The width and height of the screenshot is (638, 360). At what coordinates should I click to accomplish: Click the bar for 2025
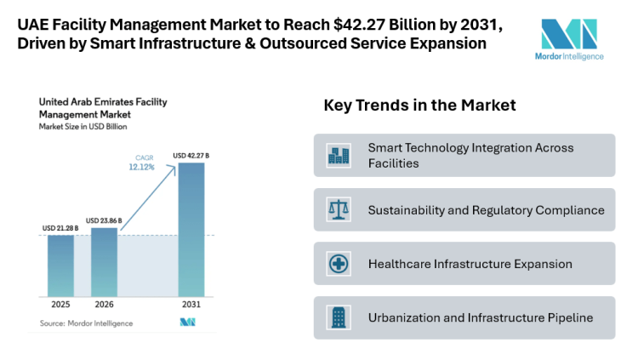(x=60, y=266)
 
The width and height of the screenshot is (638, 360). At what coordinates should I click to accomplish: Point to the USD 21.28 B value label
(x=60, y=228)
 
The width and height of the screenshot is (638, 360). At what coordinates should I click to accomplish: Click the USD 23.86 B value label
(x=104, y=220)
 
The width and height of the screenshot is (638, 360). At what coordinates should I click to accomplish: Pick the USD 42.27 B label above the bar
(x=191, y=155)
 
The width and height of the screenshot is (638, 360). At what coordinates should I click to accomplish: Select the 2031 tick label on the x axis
(x=191, y=305)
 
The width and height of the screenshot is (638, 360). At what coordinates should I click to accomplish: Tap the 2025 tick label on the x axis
(x=60, y=305)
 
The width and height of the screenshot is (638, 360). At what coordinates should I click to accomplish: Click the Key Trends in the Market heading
(x=419, y=106)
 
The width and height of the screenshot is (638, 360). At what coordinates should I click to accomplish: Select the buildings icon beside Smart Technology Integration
(x=339, y=155)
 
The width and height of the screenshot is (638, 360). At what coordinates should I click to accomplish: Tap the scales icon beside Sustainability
(x=339, y=209)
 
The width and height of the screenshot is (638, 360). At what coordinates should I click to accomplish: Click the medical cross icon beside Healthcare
(x=339, y=264)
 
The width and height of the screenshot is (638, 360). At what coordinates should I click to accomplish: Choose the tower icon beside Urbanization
(x=339, y=317)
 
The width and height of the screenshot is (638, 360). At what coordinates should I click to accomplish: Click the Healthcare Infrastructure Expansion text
(x=470, y=264)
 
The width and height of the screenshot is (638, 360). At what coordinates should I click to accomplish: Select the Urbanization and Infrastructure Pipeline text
(x=480, y=317)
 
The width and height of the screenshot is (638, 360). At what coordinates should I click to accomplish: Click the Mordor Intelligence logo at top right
(x=571, y=38)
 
